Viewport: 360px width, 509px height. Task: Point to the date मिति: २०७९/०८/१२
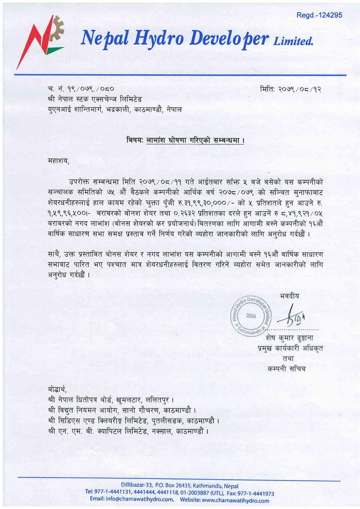pyautogui.click(x=290, y=89)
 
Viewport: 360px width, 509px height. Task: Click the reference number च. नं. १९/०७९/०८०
pyautogui.click(x=80, y=89)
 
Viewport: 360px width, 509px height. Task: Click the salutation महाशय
pyautogui.click(x=58, y=162)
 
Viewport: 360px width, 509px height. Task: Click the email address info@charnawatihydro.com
pyautogui.click(x=132, y=500)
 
